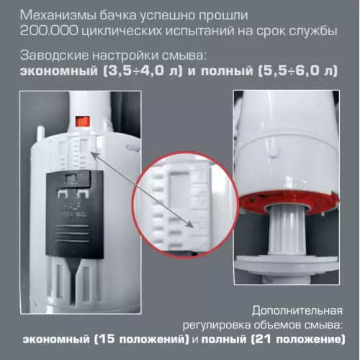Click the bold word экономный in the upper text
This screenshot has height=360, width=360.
[x=55, y=70]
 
